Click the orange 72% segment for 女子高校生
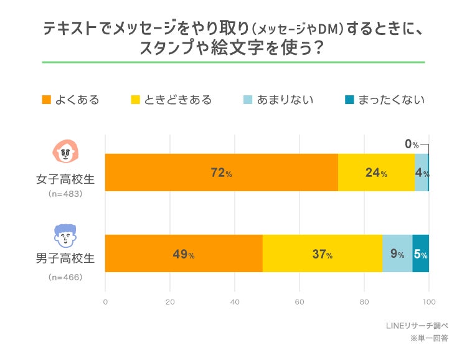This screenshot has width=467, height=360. (221, 173)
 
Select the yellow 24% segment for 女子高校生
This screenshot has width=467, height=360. (376, 173)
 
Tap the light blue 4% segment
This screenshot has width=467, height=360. (421, 173)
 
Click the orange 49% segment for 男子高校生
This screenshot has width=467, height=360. (184, 253)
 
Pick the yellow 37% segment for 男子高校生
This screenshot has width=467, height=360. (322, 253)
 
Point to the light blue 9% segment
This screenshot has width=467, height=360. (397, 253)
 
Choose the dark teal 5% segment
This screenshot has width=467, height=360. (420, 253)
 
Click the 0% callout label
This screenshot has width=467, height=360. (412, 144)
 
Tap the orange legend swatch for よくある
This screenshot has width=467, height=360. (46, 100)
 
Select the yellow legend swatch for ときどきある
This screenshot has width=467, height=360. (134, 100)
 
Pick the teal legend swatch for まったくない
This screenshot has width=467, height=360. (349, 100)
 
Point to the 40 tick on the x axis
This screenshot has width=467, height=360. (235, 303)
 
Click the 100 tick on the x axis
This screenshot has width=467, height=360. (428, 303)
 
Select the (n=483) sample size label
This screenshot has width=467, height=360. (65, 194)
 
